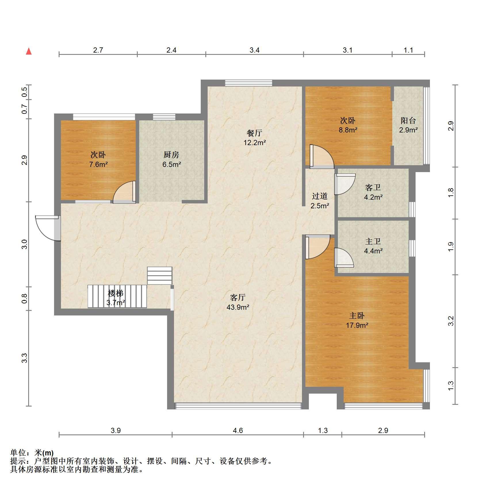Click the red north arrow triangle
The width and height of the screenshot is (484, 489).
click(29, 51)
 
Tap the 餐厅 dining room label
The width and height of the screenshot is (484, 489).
click(255, 133)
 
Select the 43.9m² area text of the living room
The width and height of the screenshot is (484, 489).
click(238, 307)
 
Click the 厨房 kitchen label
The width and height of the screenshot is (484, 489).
click(171, 155)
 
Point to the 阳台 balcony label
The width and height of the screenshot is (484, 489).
click(408, 121)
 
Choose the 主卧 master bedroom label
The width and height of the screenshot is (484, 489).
click(357, 316)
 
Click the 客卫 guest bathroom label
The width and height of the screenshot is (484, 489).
click(373, 188)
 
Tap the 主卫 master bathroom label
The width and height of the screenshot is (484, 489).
click(373, 241)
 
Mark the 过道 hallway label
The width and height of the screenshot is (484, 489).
click(320, 196)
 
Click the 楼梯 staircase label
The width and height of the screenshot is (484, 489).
click(116, 293)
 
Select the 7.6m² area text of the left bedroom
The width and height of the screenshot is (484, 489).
click(98, 165)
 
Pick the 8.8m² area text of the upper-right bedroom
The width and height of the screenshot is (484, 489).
click(348, 130)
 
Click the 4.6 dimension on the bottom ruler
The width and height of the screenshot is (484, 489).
click(238, 430)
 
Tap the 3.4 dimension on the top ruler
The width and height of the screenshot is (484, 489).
click(255, 50)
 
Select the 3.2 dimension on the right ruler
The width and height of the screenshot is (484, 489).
click(451, 321)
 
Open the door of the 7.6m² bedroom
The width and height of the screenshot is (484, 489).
click(124, 192)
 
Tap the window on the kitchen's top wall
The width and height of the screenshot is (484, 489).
click(164, 117)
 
